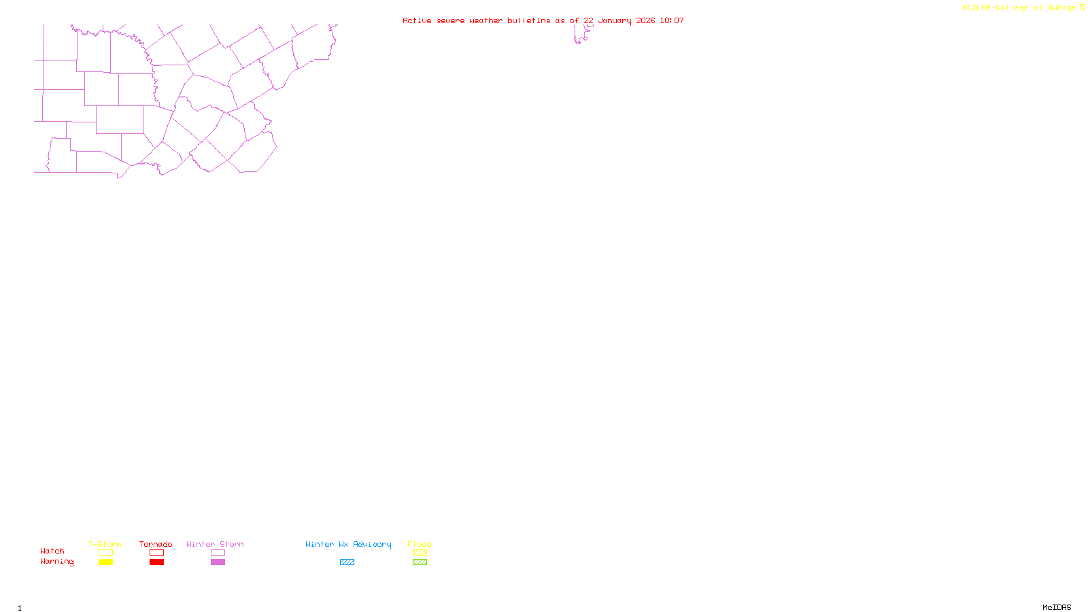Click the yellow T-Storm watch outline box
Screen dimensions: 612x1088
(x=105, y=553)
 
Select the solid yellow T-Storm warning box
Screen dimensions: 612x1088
(x=105, y=562)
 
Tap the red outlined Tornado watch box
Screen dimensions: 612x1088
(x=156, y=553)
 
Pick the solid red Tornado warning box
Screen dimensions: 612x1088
(x=156, y=562)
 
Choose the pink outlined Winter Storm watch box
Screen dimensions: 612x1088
(x=218, y=553)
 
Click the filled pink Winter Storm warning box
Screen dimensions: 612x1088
(x=218, y=562)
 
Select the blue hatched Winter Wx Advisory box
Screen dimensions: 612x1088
(x=347, y=562)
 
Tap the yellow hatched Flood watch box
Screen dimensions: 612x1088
(x=420, y=553)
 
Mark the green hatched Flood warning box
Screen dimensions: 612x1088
(x=420, y=562)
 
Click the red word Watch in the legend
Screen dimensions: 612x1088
(x=52, y=551)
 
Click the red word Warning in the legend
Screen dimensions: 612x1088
(x=56, y=562)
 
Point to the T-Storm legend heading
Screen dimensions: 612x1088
(x=105, y=544)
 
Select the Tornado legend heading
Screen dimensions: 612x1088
(x=156, y=544)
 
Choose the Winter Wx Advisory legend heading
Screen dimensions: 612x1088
(x=348, y=544)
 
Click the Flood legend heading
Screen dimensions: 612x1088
(x=420, y=544)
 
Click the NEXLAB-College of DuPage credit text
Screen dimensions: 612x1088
(x=1019, y=8)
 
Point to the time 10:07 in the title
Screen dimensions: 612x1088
(x=672, y=20)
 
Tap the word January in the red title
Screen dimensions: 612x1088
(x=615, y=20)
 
